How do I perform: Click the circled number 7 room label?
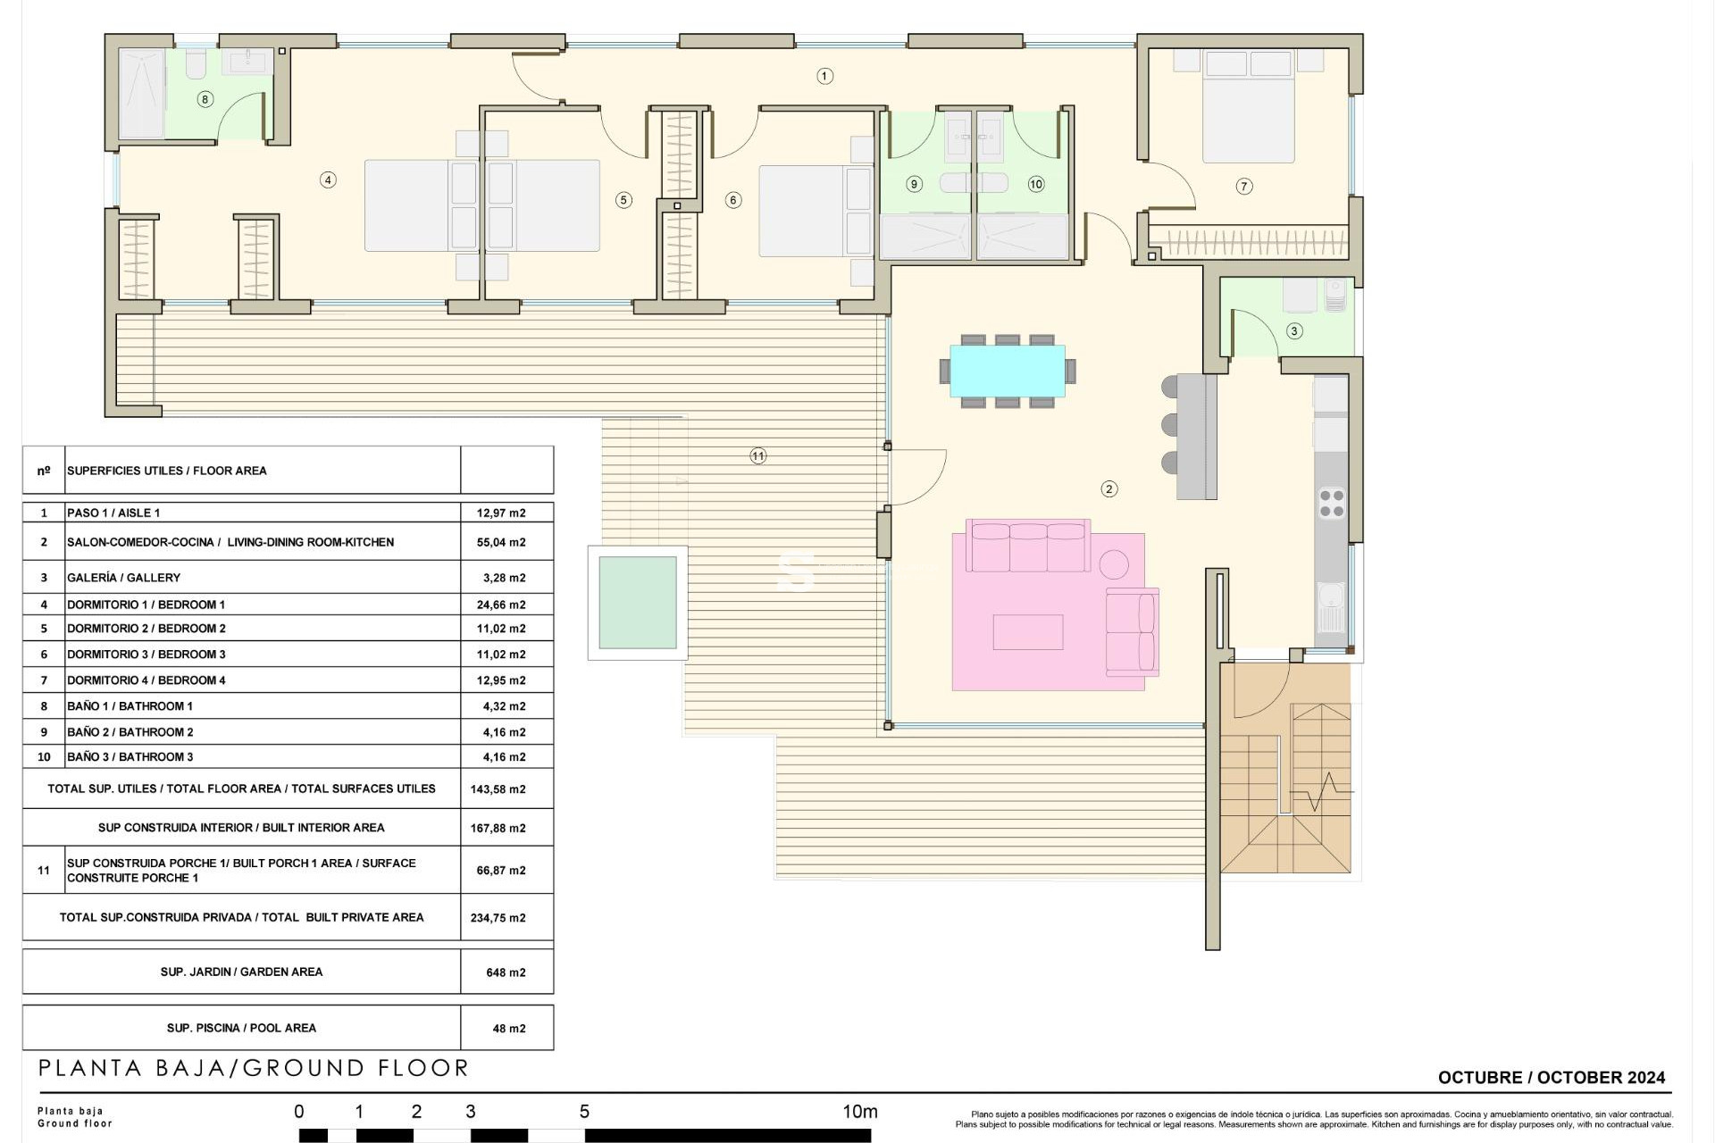pyautogui.click(x=1243, y=186)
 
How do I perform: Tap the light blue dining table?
pyautogui.click(x=1007, y=371)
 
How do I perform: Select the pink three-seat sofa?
pyautogui.click(x=1028, y=546)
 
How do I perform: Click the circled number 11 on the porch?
pyautogui.click(x=757, y=456)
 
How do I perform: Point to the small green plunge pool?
pyautogui.click(x=637, y=603)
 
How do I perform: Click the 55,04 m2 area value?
pyautogui.click(x=501, y=542)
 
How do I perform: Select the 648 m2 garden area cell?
pyautogui.click(x=506, y=972)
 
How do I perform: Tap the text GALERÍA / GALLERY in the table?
pyautogui.click(x=123, y=578)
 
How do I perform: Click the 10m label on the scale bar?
pyautogui.click(x=859, y=1112)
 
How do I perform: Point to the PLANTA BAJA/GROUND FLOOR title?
pyautogui.click(x=254, y=1068)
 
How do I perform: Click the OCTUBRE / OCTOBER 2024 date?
pyautogui.click(x=1551, y=1078)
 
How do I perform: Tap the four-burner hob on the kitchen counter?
pyautogui.click(x=1331, y=503)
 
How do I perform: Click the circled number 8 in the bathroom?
pyautogui.click(x=205, y=99)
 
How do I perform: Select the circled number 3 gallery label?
pyautogui.click(x=1294, y=330)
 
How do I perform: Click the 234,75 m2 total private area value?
pyautogui.click(x=498, y=918)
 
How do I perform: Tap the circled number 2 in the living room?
pyautogui.click(x=1108, y=488)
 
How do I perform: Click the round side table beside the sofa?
pyautogui.click(x=1114, y=564)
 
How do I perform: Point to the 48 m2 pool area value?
pyautogui.click(x=508, y=1029)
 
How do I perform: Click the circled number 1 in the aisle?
pyautogui.click(x=824, y=76)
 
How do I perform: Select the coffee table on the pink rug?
pyautogui.click(x=1027, y=632)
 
